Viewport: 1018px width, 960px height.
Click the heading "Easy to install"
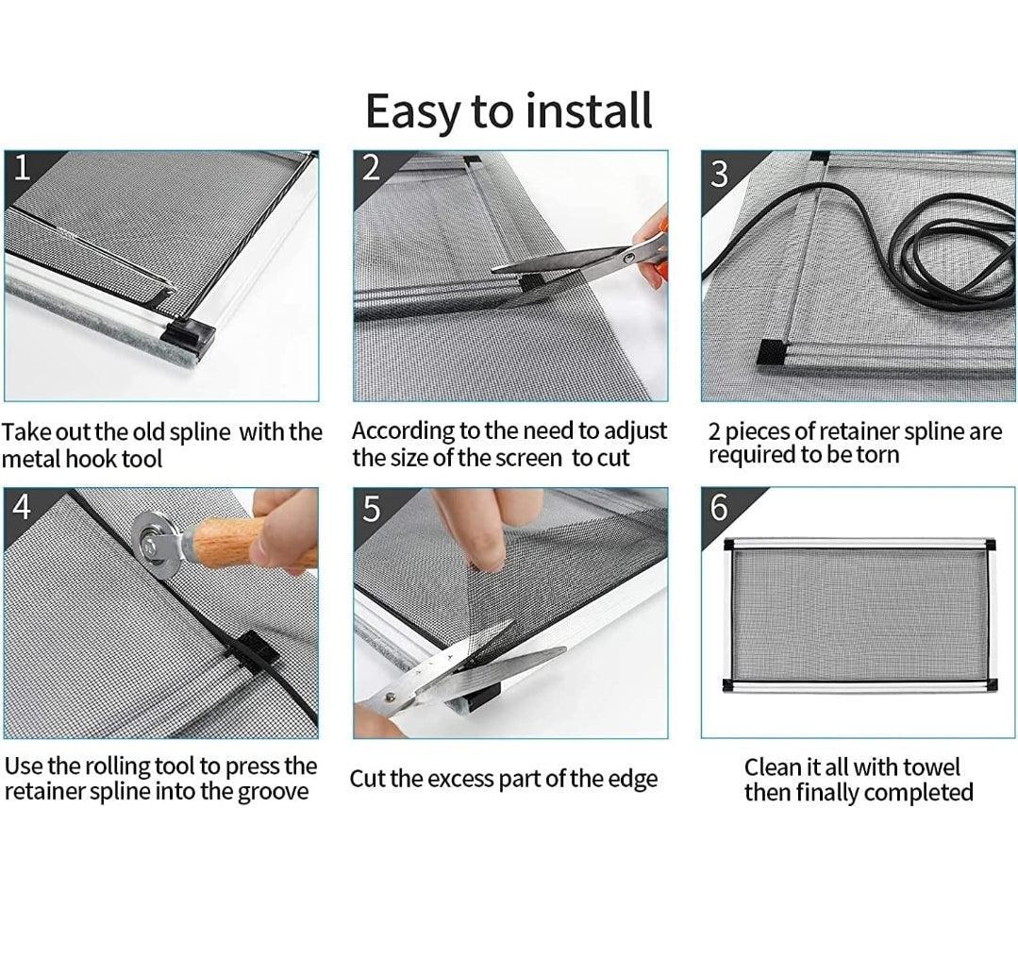pyautogui.click(x=509, y=111)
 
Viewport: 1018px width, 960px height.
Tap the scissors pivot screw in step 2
pyautogui.click(x=627, y=257)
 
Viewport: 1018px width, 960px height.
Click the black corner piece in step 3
pyautogui.click(x=772, y=353)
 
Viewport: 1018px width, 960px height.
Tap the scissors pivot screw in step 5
pyautogui.click(x=390, y=699)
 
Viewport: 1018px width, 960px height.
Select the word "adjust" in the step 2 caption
pyautogui.click(x=635, y=432)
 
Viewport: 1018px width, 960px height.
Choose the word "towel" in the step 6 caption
pyautogui.click(x=929, y=767)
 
